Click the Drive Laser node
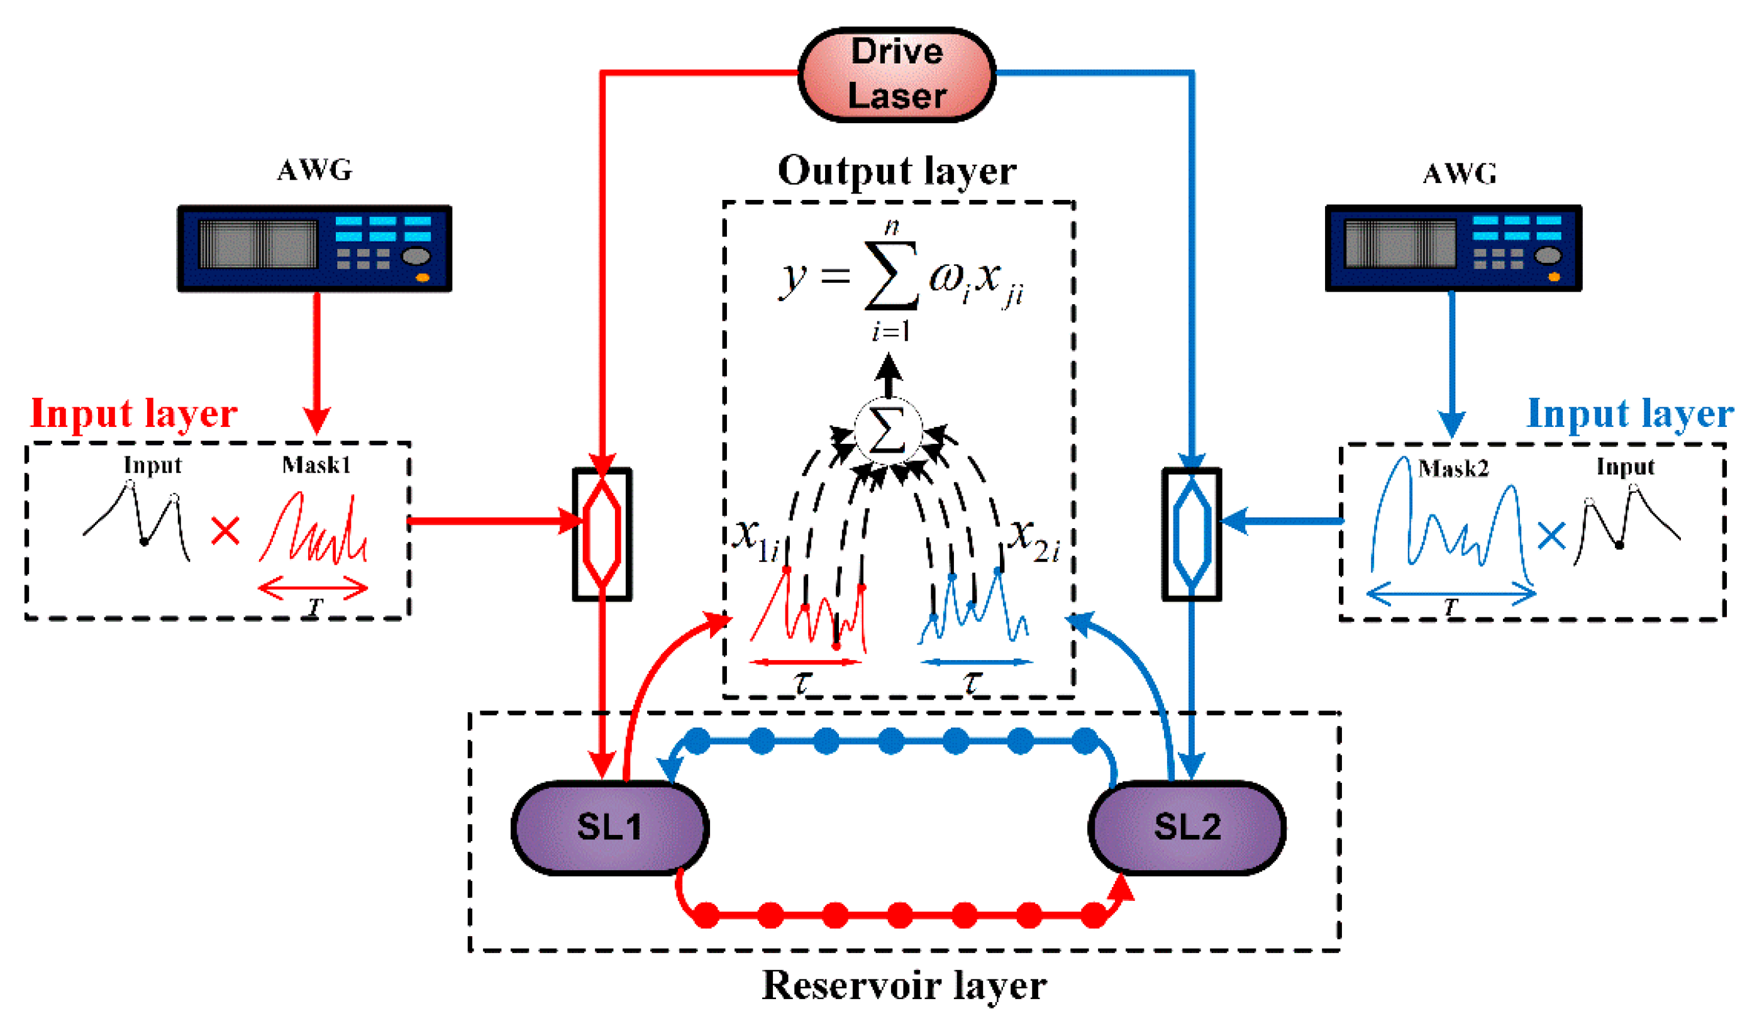897,74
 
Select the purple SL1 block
610,827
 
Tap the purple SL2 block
1187,827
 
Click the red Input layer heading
133,414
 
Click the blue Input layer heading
1629,414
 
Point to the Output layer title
897,171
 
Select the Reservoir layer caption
904,986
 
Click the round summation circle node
888,431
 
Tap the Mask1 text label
316,465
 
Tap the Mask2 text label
1453,469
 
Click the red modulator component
602,534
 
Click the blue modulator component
1192,534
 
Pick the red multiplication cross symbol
225,531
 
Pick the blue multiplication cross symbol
1552,535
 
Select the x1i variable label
757,539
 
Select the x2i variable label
1034,539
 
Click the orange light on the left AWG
422,277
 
